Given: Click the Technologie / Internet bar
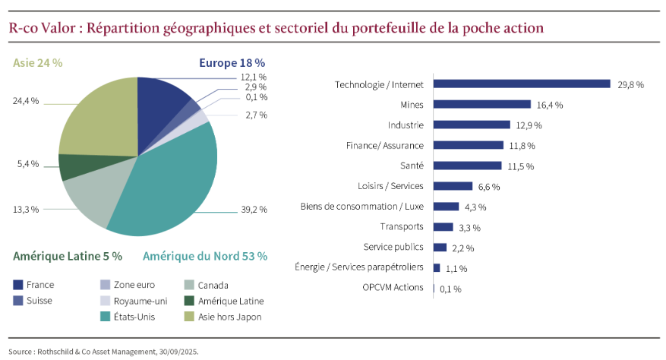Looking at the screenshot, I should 521,84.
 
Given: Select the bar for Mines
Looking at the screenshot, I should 481,105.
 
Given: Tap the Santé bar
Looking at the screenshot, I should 467,166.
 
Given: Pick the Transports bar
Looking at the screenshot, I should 443,227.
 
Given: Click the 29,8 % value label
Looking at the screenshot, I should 630,85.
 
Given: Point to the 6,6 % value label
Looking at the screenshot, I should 489,187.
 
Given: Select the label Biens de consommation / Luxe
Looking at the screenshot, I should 361,207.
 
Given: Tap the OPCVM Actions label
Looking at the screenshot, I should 393,288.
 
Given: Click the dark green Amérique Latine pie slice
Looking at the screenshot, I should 74,166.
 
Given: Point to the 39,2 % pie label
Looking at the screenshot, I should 254,210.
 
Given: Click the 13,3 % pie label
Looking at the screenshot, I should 26,209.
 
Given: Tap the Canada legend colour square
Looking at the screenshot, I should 192,285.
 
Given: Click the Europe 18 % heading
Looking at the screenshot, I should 232,62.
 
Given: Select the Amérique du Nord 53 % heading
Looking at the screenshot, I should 204,256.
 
